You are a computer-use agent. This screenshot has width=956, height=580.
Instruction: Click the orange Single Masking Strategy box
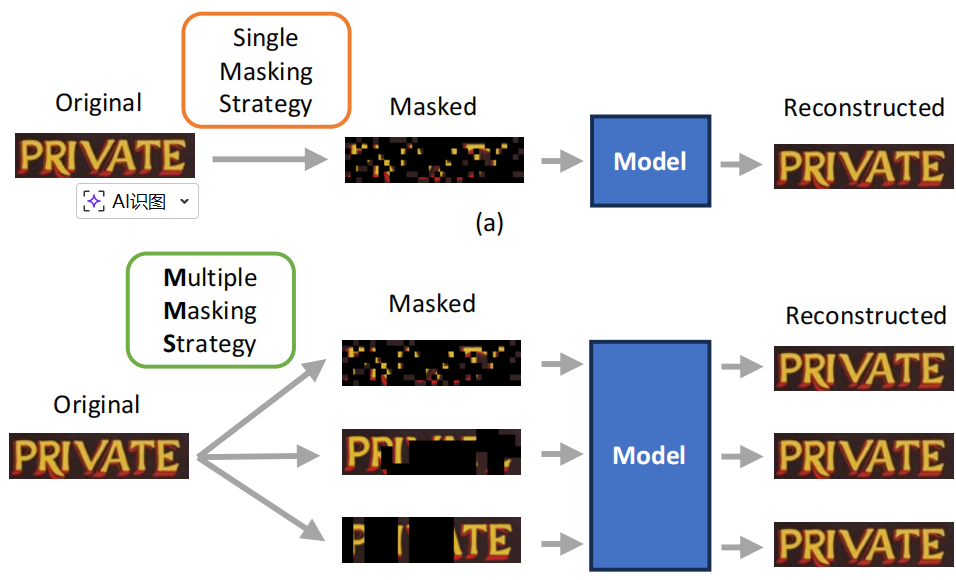(x=265, y=70)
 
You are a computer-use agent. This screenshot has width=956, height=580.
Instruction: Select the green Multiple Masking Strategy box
(x=210, y=310)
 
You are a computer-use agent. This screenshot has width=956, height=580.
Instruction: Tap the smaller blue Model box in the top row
(x=650, y=162)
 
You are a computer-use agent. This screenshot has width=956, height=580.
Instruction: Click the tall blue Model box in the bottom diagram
(x=649, y=456)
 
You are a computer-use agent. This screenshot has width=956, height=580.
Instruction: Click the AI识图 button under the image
(x=137, y=201)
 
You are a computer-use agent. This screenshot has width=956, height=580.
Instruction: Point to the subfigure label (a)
(x=488, y=223)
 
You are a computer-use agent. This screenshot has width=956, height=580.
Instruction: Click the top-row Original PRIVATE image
(x=104, y=156)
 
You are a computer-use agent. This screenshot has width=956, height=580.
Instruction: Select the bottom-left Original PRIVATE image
(x=99, y=456)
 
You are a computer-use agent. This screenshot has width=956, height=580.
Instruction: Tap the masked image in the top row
(x=434, y=160)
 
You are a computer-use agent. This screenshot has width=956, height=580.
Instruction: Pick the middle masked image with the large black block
(x=431, y=452)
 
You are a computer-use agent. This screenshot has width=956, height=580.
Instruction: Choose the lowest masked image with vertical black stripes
(x=431, y=541)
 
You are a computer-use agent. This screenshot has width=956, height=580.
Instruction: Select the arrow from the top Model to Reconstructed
(x=741, y=164)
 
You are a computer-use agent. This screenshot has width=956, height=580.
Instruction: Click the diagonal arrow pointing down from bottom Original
(x=262, y=504)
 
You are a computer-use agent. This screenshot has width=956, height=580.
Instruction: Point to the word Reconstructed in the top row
(x=863, y=108)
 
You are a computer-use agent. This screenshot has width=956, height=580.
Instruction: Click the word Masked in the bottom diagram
(x=432, y=303)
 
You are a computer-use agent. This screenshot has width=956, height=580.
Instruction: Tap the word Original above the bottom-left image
(x=97, y=405)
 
